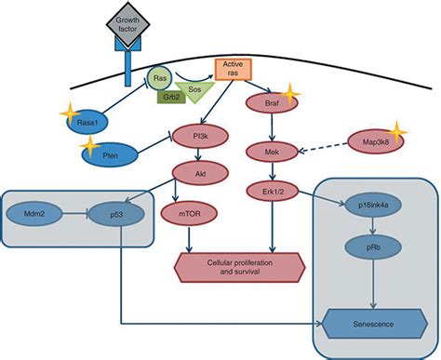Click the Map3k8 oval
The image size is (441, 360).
click(368, 142)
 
